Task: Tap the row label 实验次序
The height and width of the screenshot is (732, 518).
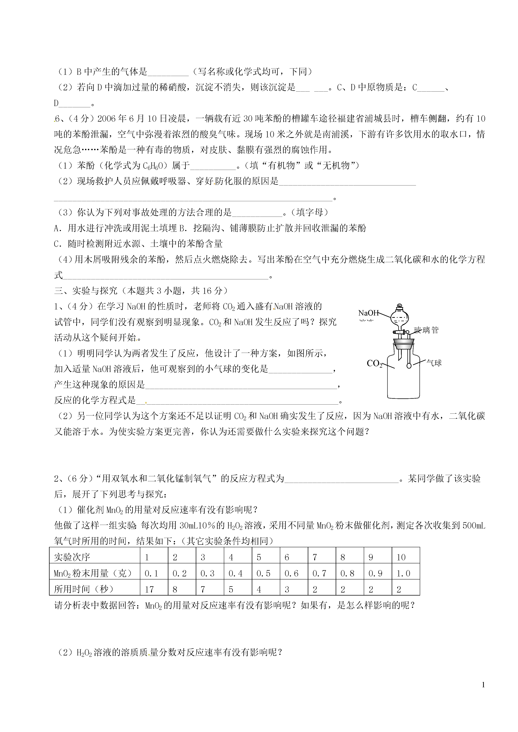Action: pos(72,557)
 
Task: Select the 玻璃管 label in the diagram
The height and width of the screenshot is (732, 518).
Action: pos(426,330)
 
